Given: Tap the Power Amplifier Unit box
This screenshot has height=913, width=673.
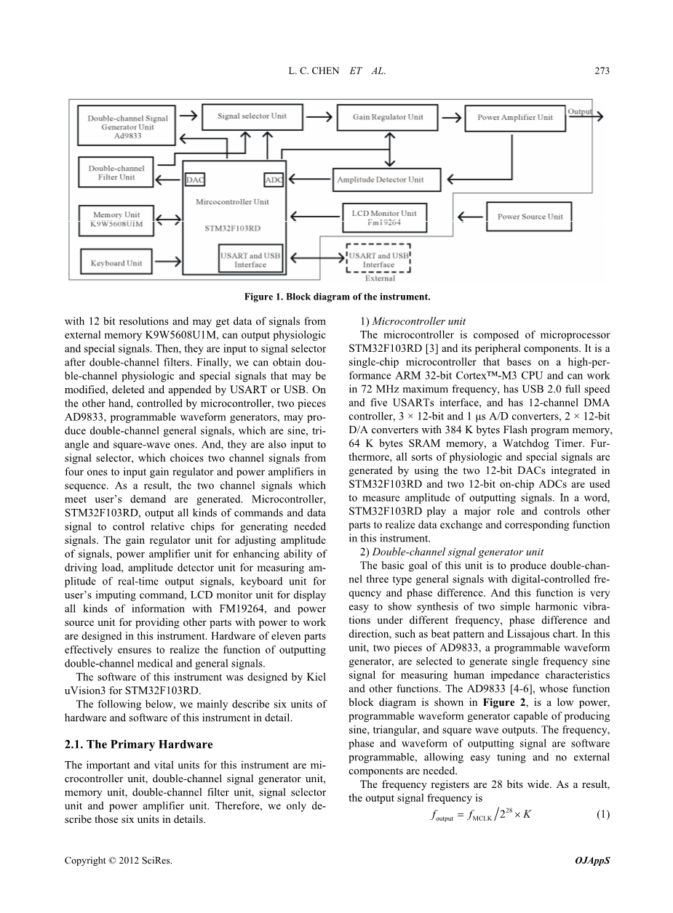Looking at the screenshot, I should [514, 117].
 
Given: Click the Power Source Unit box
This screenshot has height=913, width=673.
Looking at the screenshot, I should [530, 217].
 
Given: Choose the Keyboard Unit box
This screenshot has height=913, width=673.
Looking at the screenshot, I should [116, 263].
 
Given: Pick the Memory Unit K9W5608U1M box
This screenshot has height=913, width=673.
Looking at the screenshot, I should [116, 220].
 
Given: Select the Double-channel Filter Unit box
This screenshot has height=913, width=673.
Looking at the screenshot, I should [116, 173].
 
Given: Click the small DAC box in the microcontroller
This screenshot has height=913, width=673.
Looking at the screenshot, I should [194, 180].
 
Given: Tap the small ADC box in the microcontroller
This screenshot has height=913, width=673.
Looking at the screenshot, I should [274, 180].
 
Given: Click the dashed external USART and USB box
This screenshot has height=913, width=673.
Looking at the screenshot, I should [379, 260].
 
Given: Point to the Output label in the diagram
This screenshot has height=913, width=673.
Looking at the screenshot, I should [580, 112].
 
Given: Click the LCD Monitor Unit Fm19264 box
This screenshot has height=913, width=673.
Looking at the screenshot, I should [384, 217].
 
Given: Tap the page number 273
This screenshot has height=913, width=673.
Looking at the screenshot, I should [600, 71].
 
